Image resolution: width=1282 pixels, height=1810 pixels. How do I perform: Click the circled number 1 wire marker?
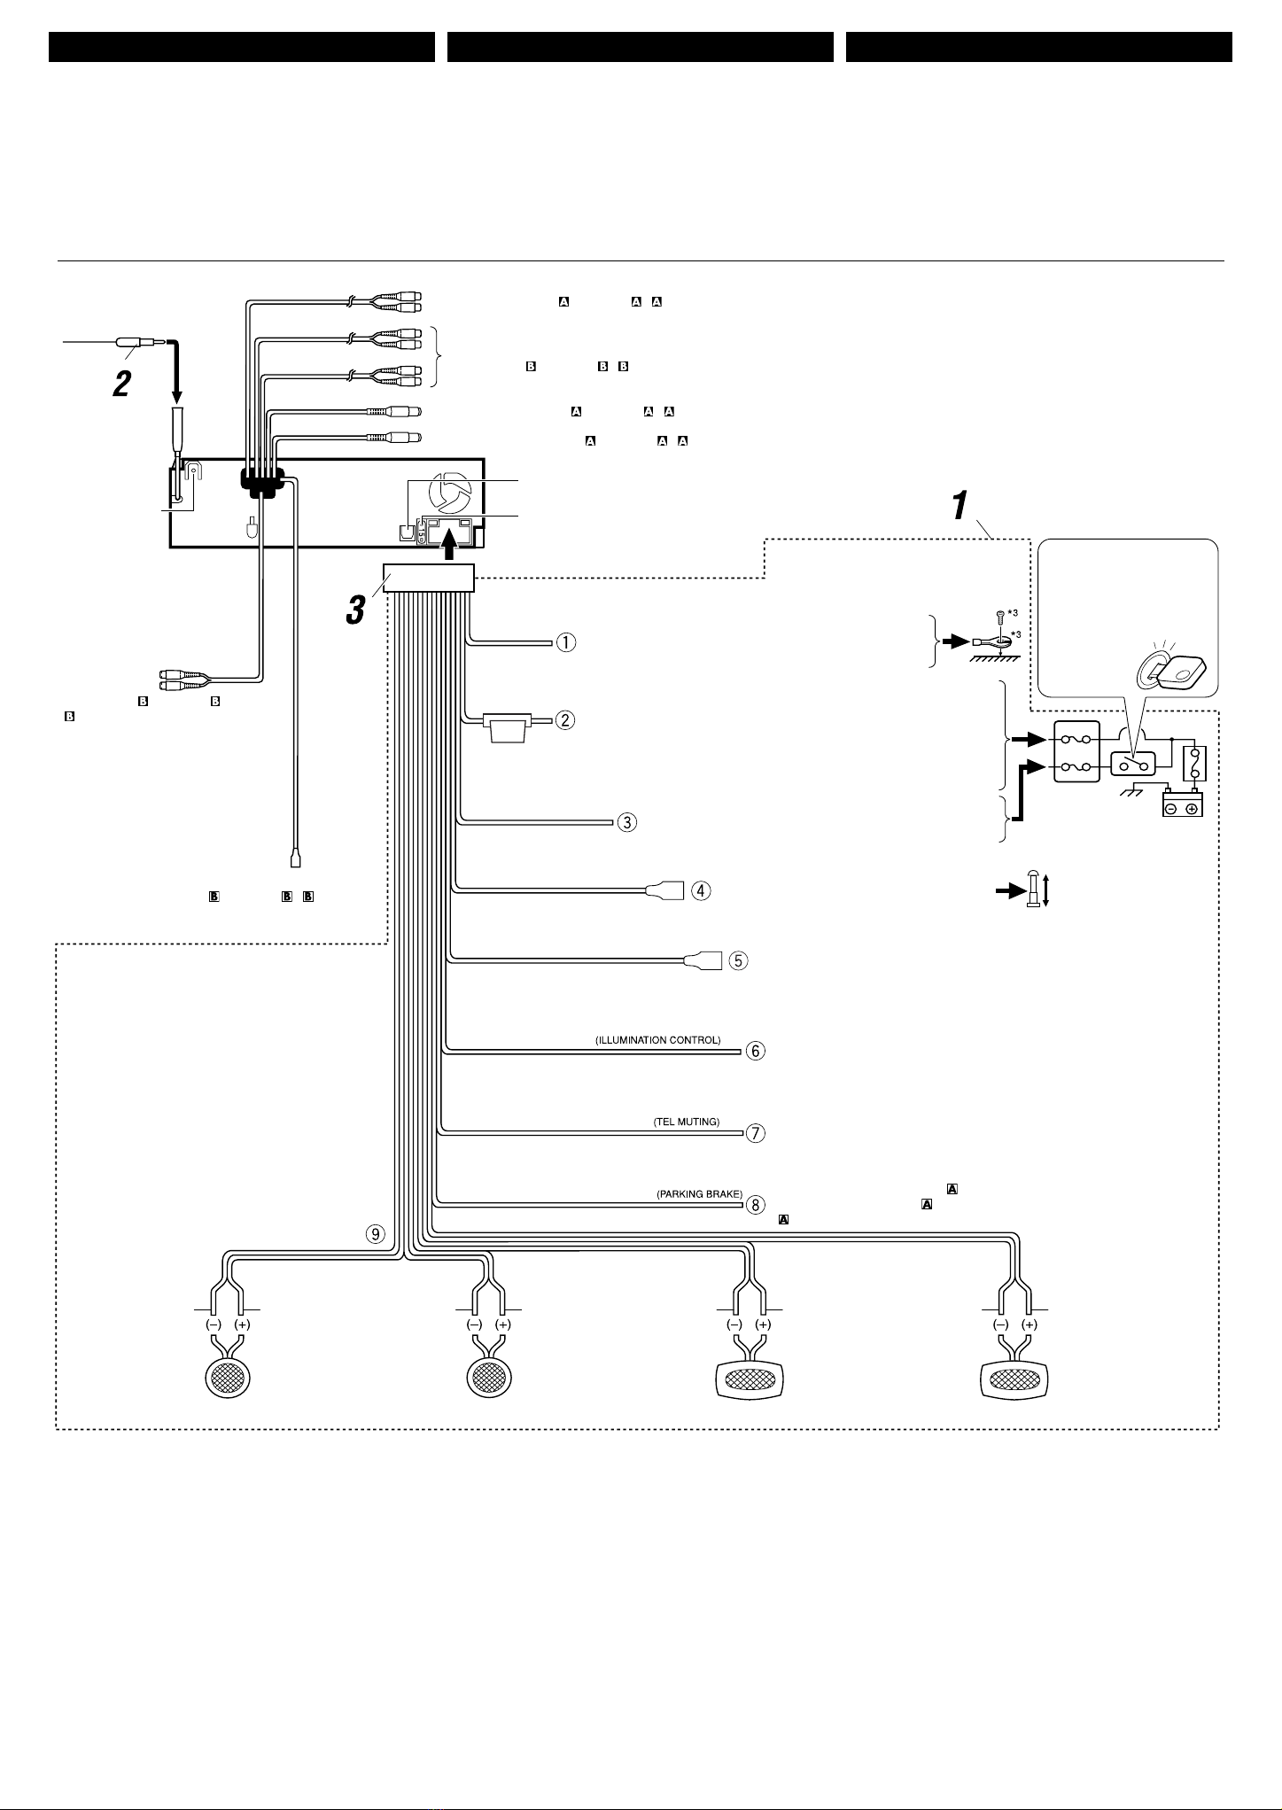(565, 642)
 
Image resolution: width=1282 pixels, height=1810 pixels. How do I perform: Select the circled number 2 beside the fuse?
(565, 720)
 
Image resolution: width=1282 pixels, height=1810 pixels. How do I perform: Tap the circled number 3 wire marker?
(626, 822)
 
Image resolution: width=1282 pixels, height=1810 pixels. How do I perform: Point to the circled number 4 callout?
(701, 890)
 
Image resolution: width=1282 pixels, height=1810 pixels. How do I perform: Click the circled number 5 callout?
(739, 959)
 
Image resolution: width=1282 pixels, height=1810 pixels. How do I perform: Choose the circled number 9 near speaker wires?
(376, 1233)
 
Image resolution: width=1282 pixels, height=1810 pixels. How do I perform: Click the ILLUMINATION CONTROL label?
(658, 1040)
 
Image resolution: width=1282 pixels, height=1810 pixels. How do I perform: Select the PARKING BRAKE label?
(699, 1194)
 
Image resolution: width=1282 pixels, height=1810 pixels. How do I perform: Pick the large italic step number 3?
(354, 609)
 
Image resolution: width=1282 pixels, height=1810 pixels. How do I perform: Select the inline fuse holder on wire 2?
(509, 727)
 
